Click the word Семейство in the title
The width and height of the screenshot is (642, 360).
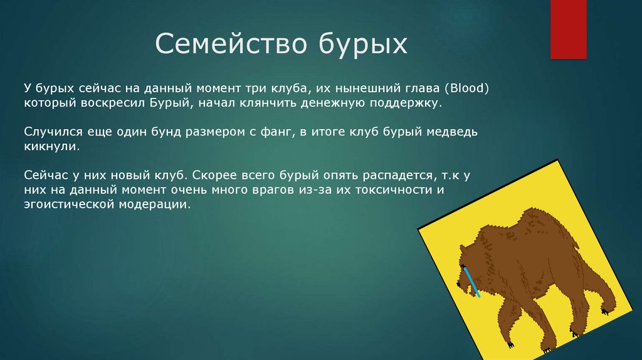(231, 43)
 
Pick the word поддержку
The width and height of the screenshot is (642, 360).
(406, 103)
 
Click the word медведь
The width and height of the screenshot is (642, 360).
(452, 132)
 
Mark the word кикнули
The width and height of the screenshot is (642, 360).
(51, 146)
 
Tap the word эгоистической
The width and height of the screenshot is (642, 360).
(69, 204)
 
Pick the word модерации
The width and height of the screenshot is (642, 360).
(155, 204)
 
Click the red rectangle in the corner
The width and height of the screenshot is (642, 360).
(568, 29)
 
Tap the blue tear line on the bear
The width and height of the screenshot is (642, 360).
(471, 282)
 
